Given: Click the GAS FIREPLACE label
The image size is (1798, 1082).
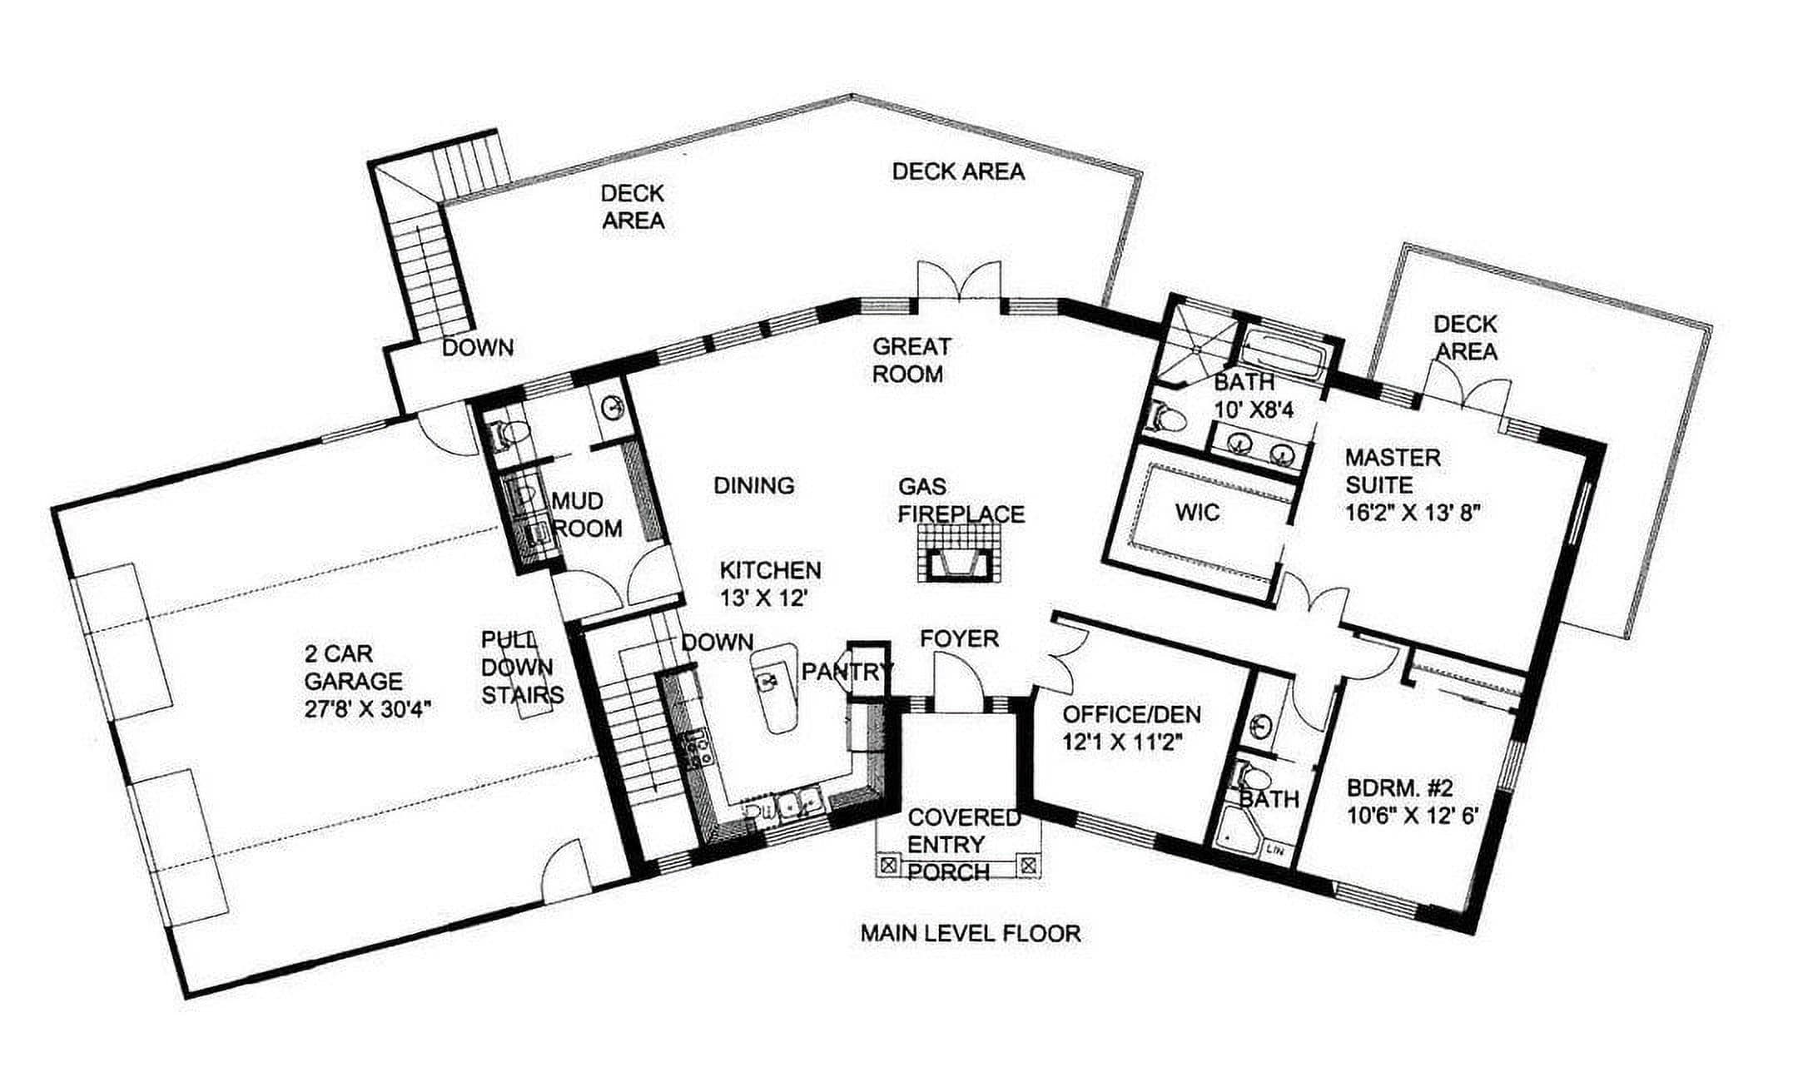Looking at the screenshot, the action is pyautogui.click(x=961, y=500).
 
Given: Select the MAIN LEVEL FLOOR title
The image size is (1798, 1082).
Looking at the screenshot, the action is pyautogui.click(x=971, y=933).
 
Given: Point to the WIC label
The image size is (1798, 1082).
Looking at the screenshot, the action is pyautogui.click(x=1198, y=512).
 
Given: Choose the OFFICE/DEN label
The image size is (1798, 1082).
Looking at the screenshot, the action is pyautogui.click(x=1131, y=714).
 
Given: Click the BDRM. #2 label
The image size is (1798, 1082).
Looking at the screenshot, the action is pyautogui.click(x=1400, y=787).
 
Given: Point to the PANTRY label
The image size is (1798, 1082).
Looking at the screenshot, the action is pyautogui.click(x=847, y=671).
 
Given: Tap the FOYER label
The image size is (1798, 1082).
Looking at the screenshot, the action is pyautogui.click(x=959, y=638).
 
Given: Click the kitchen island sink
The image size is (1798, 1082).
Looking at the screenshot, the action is pyautogui.click(x=767, y=682).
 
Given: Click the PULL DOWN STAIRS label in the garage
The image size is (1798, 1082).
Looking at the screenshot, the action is pyautogui.click(x=521, y=667).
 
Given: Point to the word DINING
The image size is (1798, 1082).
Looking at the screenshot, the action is pyautogui.click(x=754, y=485).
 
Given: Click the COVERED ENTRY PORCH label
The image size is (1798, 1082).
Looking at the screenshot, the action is pyautogui.click(x=963, y=844).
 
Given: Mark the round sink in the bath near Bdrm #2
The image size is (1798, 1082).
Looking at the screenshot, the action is pyautogui.click(x=1262, y=725).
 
